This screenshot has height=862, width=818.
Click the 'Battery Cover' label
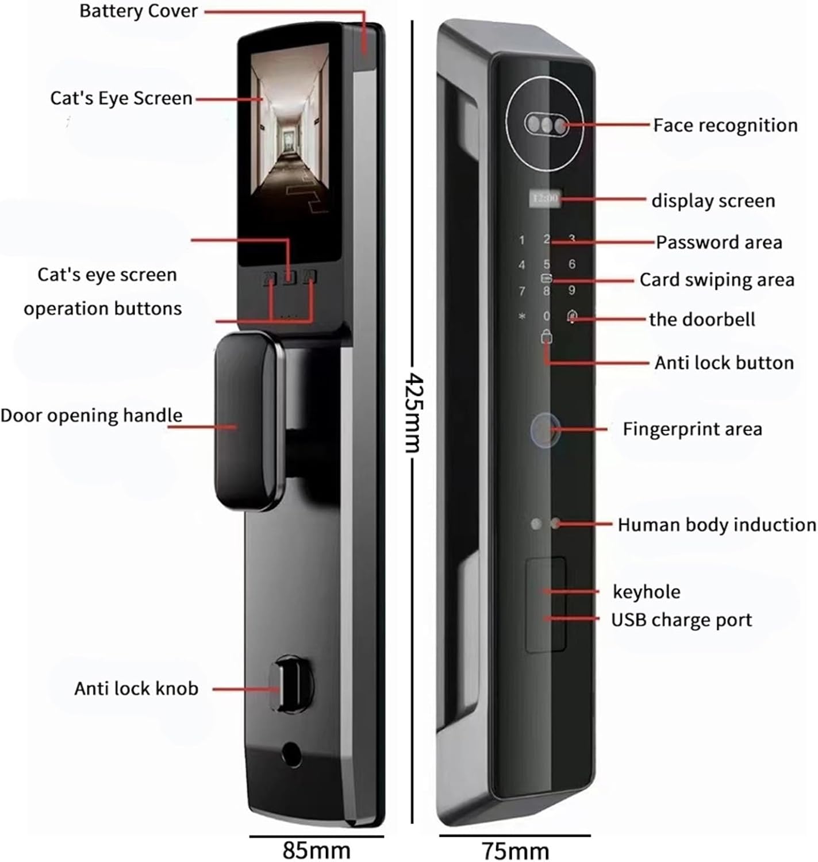click(138, 11)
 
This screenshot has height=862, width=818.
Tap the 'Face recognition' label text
click(725, 125)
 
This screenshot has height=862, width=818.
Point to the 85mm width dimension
click(316, 851)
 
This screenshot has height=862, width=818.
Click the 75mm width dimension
click(516, 851)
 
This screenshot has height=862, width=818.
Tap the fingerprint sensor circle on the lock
click(545, 430)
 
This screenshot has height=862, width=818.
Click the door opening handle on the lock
click(248, 421)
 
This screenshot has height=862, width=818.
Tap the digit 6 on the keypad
click(571, 264)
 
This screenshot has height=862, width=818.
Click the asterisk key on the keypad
click(521, 316)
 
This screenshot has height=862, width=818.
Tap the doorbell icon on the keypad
click(572, 315)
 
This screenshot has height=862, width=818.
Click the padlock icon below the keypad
click(547, 337)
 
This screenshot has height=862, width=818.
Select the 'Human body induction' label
click(717, 525)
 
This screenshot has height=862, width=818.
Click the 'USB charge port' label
click(681, 620)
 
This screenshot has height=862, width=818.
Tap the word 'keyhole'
click(647, 592)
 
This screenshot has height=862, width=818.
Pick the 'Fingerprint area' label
click(692, 429)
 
